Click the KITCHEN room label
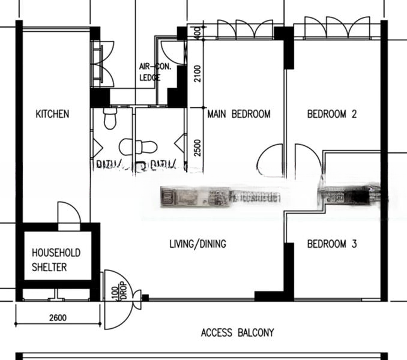(x=52, y=114)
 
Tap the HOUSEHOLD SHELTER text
(x=56, y=260)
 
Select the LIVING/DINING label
(x=197, y=244)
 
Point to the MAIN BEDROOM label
(x=239, y=114)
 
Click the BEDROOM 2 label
(x=332, y=114)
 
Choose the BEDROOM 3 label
(x=332, y=244)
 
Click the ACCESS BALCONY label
(x=237, y=332)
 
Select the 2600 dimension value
(x=58, y=318)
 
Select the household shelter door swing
(x=68, y=213)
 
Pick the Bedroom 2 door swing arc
(x=308, y=161)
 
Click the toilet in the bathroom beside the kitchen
(x=110, y=119)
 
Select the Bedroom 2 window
(x=337, y=28)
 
